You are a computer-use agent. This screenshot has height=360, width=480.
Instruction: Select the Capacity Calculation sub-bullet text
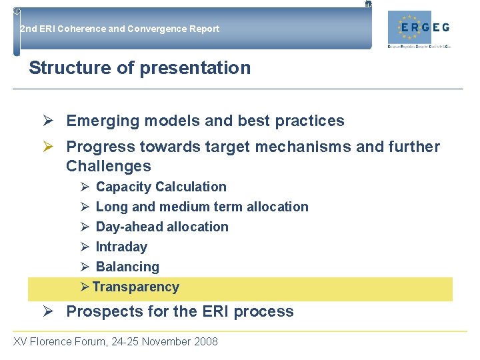[x=161, y=187]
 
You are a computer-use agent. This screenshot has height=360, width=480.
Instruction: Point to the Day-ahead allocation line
[x=162, y=227]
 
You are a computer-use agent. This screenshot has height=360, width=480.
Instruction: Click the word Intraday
[x=121, y=247]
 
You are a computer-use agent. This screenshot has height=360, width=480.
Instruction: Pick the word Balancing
[x=127, y=267]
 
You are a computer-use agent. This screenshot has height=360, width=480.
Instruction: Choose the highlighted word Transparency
[x=136, y=287]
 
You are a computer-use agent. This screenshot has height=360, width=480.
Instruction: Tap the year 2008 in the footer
[x=205, y=342]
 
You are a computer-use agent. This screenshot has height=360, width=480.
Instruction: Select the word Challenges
[x=109, y=167]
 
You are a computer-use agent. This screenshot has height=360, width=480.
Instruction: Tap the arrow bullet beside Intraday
[x=85, y=247]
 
